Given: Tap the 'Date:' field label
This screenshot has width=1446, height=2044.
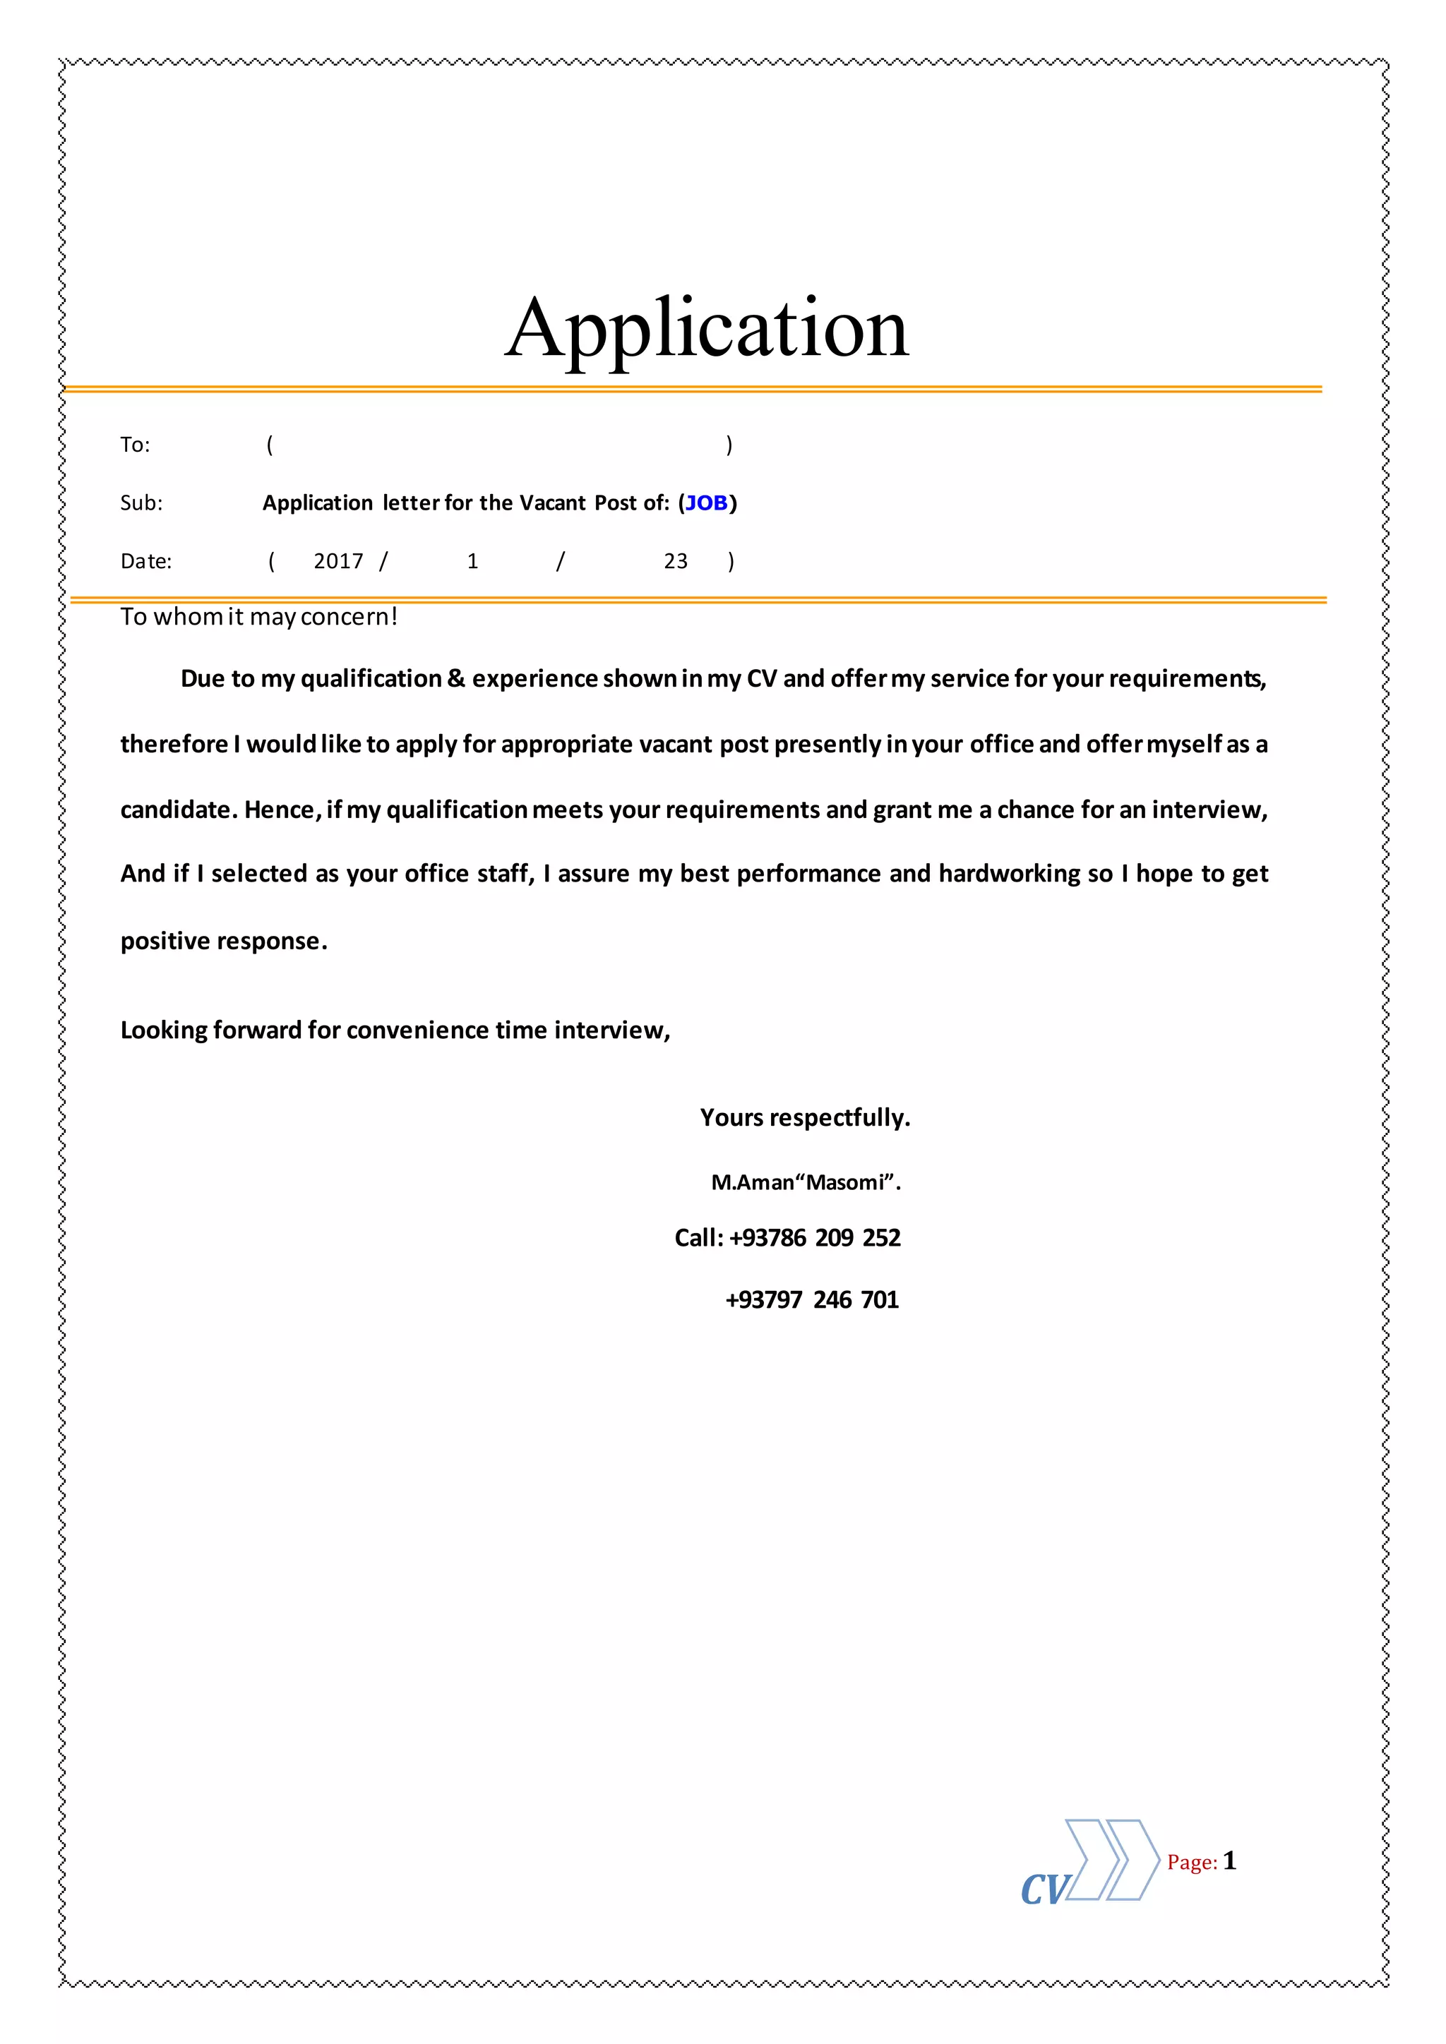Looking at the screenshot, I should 146,561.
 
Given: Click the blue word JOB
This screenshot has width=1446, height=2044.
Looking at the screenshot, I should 707,503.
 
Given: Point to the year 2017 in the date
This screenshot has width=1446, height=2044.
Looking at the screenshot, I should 338,561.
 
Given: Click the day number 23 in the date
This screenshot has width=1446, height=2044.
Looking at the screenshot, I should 676,561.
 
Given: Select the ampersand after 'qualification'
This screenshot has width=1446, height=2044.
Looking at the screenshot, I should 456,679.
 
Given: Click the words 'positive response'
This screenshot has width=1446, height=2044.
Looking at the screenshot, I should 224,941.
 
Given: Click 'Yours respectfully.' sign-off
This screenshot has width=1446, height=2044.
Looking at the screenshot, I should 805,1117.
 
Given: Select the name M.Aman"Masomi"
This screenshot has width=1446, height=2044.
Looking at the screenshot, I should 806,1182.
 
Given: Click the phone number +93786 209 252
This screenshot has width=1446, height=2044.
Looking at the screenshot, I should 814,1237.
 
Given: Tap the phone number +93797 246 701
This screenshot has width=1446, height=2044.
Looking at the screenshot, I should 812,1300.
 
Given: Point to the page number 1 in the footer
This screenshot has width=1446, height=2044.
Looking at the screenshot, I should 1230,1860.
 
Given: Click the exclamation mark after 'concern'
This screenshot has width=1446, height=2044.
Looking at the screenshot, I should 393,616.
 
